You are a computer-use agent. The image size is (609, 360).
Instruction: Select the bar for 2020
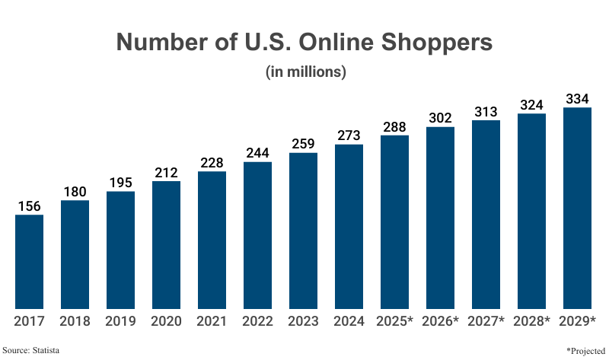pos(166,244)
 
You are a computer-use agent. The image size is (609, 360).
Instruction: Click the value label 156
pos(29,206)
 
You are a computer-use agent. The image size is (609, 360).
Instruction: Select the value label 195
pos(120,183)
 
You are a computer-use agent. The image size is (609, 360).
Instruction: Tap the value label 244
pos(257,153)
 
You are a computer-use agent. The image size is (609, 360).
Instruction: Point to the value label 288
pos(394,126)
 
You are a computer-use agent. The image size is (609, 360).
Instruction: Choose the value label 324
pos(531,104)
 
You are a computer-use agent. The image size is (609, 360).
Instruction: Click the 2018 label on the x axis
pos(75,321)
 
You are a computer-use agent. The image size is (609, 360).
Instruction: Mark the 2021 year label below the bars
pos(212,321)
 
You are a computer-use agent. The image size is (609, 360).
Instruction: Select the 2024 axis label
pos(349,321)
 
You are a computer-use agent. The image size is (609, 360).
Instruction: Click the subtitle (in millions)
pos(304,73)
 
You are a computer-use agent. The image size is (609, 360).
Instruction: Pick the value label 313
pos(486,112)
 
